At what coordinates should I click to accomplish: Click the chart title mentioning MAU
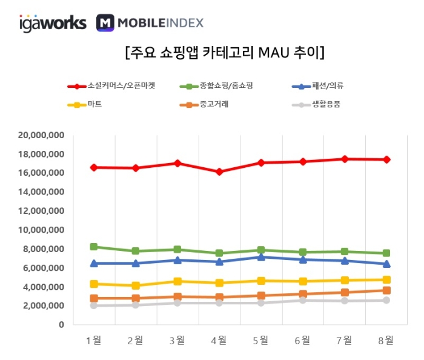click(224, 53)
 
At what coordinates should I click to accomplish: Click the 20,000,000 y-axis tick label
click(41, 135)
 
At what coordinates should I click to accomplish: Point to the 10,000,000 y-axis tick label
click(41, 230)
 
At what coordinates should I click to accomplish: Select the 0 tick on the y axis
click(61, 325)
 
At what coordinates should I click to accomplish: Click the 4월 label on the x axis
click(219, 341)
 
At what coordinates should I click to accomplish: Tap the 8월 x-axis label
click(385, 341)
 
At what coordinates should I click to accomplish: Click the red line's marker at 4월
click(219, 172)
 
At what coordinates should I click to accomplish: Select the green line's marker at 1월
click(94, 247)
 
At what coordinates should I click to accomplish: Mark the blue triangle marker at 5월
click(261, 257)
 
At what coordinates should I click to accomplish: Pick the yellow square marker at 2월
click(136, 285)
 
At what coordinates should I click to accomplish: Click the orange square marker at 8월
click(386, 290)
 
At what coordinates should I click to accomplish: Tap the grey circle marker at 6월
click(303, 300)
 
